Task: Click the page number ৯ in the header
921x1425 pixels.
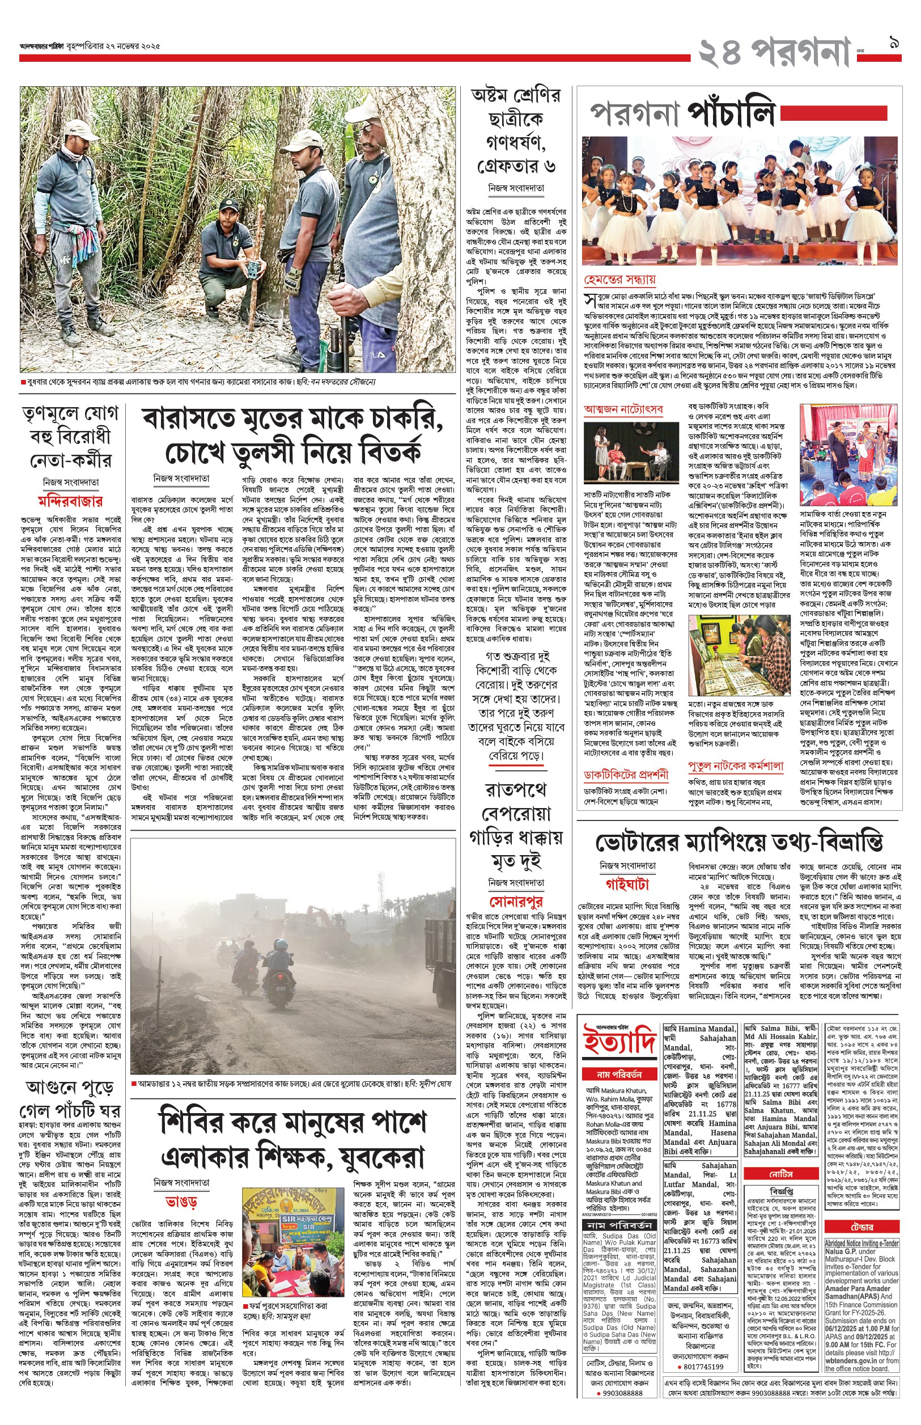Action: pyautogui.click(x=895, y=43)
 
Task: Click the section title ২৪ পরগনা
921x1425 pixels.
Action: pyautogui.click(x=774, y=53)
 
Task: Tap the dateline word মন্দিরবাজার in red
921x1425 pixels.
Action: pyautogui.click(x=70, y=501)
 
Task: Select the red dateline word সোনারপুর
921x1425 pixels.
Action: pyautogui.click(x=516, y=902)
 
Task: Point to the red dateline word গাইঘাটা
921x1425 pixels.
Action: pyautogui.click(x=627, y=884)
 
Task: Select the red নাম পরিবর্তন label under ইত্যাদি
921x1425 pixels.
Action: pyautogui.click(x=619, y=1075)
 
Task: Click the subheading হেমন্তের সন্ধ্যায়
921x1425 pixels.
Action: pyautogui.click(x=619, y=280)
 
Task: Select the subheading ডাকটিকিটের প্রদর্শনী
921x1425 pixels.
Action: pyautogui.click(x=626, y=775)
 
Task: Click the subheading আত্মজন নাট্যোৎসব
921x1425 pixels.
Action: pyautogui.click(x=623, y=410)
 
